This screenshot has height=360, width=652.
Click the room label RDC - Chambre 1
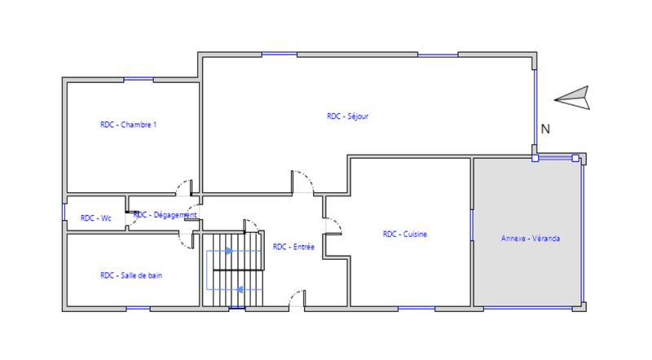[128, 125]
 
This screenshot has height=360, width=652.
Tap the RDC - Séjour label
[348, 116]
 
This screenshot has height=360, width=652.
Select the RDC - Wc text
[95, 217]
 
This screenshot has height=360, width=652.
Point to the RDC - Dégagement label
[166, 215]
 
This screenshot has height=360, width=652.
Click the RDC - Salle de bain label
[130, 275]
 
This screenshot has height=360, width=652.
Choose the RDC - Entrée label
[293, 246]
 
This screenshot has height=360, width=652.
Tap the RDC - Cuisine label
[405, 235]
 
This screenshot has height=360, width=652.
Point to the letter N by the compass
[545, 128]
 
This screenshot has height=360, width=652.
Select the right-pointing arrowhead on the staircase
[229, 251]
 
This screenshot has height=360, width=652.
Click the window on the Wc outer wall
[64, 213]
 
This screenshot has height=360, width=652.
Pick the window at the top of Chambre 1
[139, 78]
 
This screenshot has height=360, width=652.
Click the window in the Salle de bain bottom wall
[139, 309]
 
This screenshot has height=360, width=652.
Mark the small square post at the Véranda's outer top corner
[575, 158]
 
